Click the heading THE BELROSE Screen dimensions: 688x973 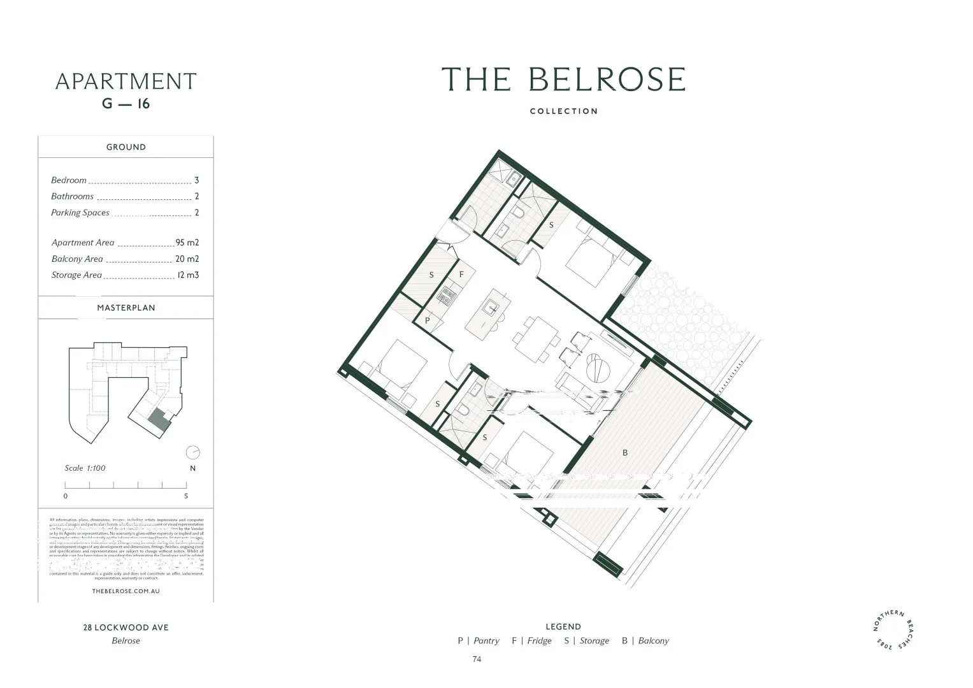pyautogui.click(x=563, y=80)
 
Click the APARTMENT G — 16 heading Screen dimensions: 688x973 pyautogui.click(x=126, y=90)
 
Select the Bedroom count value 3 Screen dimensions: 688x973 pyautogui.click(x=196, y=180)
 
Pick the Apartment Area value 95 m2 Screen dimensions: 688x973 pyautogui.click(x=187, y=243)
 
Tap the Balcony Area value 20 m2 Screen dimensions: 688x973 pyautogui.click(x=187, y=259)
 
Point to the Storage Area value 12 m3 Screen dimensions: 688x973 pyautogui.click(x=188, y=275)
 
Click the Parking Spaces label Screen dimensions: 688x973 pyautogui.click(x=80, y=213)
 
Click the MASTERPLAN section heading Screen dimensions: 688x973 pyautogui.click(x=126, y=308)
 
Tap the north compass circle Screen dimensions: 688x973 pyautogui.click(x=192, y=453)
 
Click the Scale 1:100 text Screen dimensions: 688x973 pyautogui.click(x=85, y=468)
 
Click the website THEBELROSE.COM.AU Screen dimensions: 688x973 pyautogui.click(x=126, y=591)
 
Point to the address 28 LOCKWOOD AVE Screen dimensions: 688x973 pyautogui.click(x=126, y=627)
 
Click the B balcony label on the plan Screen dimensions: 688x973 pyautogui.click(x=625, y=453)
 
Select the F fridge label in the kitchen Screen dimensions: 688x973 pyautogui.click(x=462, y=275)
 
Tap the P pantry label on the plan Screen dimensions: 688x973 pyautogui.click(x=428, y=320)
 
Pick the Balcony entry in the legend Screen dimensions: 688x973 pyautogui.click(x=645, y=641)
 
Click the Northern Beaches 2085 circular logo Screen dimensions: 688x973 pyautogui.click(x=897, y=631)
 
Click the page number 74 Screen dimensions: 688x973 pyautogui.click(x=477, y=659)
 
